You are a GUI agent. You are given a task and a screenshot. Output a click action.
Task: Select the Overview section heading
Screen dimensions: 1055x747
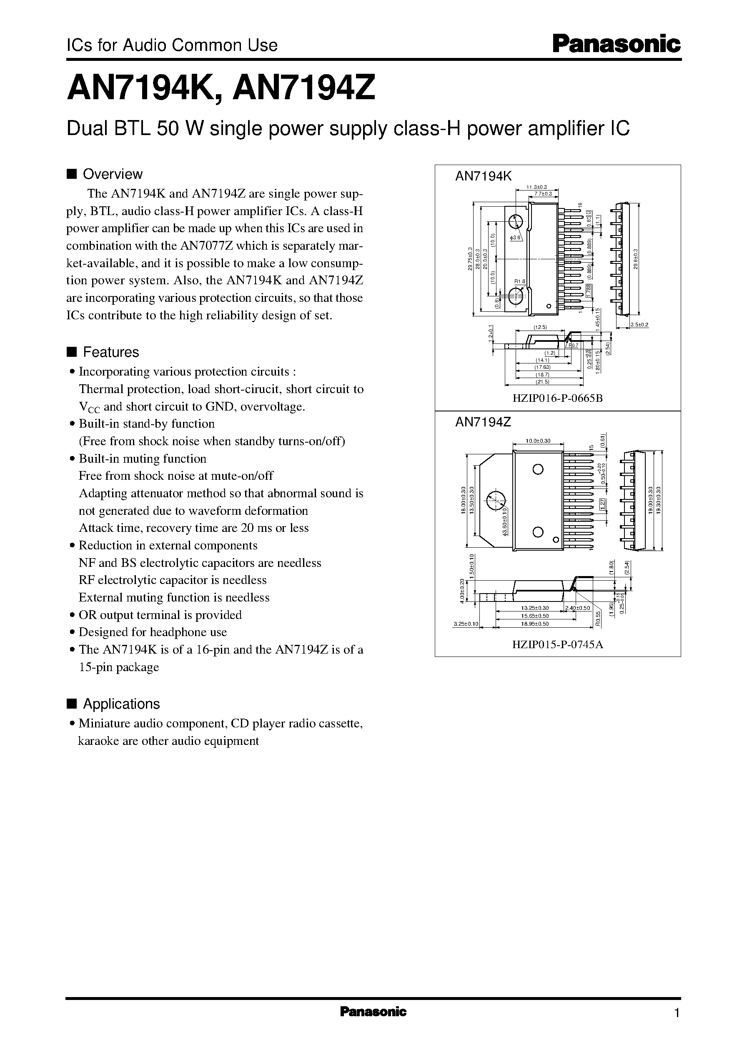(x=112, y=174)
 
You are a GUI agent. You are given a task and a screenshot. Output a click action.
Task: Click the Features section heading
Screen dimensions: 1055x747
(x=110, y=352)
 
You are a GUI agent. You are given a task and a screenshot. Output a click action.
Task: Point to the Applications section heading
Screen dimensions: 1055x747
(x=121, y=704)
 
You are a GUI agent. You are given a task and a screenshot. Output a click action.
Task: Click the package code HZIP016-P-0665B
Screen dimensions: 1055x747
(x=557, y=398)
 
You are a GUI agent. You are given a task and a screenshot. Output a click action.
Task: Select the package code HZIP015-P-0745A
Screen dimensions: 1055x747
(x=557, y=644)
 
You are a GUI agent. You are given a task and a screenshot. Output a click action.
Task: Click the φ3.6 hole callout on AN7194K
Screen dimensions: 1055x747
(x=515, y=237)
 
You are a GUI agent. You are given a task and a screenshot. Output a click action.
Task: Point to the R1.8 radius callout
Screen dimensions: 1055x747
(x=519, y=281)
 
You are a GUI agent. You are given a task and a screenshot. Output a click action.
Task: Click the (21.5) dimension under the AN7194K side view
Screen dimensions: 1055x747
(x=543, y=382)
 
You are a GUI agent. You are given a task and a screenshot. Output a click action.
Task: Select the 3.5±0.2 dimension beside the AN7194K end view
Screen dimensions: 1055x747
(x=639, y=325)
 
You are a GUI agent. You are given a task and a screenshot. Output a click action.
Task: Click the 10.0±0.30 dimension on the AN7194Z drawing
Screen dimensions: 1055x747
(x=538, y=441)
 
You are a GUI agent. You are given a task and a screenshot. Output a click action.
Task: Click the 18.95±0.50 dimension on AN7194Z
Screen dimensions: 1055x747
(x=535, y=624)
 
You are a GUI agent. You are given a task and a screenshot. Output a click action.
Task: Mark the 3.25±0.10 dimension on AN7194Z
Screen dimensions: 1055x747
(x=466, y=624)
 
